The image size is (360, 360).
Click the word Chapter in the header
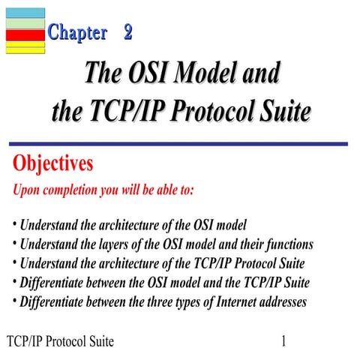click(x=77, y=32)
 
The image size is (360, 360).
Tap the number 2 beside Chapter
click(x=128, y=32)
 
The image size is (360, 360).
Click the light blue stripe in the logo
click(x=25, y=13)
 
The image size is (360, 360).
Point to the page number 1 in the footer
click(x=284, y=342)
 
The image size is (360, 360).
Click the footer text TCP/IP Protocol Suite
click(x=60, y=342)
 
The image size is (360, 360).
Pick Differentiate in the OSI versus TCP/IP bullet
click(x=55, y=283)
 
